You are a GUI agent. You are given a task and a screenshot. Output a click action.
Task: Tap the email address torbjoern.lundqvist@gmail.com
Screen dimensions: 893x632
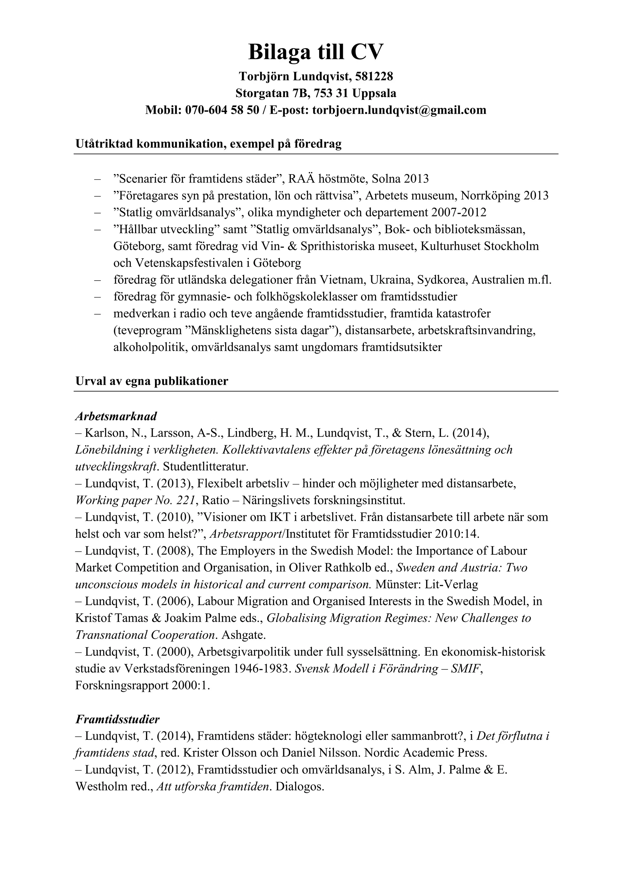coord(399,110)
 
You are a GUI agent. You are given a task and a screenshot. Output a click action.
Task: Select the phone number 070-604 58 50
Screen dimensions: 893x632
coord(222,110)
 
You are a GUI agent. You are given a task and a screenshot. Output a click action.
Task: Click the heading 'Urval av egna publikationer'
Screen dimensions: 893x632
coord(152,381)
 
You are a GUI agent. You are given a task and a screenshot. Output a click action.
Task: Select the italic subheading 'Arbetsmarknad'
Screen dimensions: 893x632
coord(116,416)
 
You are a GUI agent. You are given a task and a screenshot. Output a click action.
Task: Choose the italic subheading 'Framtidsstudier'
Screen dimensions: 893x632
coord(118,719)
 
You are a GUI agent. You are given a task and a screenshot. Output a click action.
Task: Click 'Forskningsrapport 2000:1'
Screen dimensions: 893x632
coord(143,685)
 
